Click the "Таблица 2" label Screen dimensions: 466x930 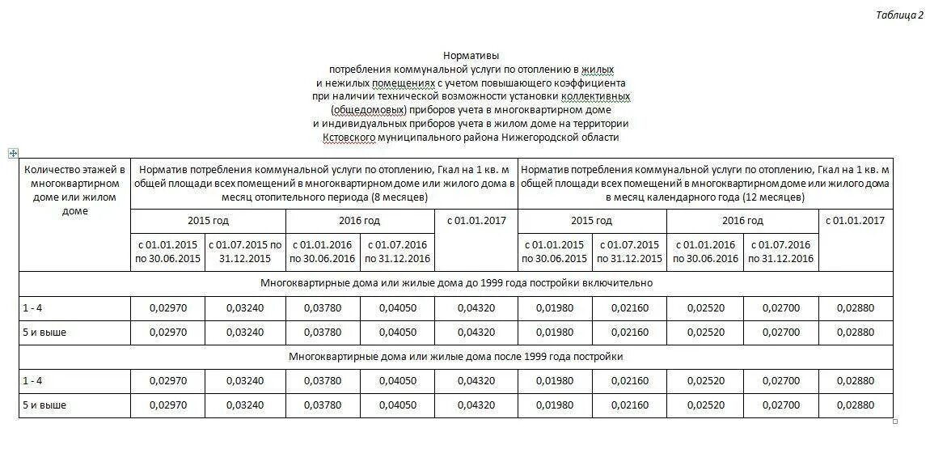coord(899,15)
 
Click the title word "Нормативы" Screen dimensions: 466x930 coord(471,56)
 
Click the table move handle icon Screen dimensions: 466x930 coord(13,152)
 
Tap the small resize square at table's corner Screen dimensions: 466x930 coord(895,421)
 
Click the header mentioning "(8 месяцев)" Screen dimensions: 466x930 coord(323,184)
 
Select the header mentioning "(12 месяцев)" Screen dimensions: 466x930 coord(705,184)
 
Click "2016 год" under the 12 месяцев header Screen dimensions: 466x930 coord(742,221)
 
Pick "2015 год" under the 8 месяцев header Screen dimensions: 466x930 coord(208,221)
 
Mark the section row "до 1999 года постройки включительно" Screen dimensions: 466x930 coord(456,283)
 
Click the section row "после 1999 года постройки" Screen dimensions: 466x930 coord(456,356)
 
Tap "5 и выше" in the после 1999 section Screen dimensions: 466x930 coord(45,405)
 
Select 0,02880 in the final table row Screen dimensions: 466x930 coord(856,405)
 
